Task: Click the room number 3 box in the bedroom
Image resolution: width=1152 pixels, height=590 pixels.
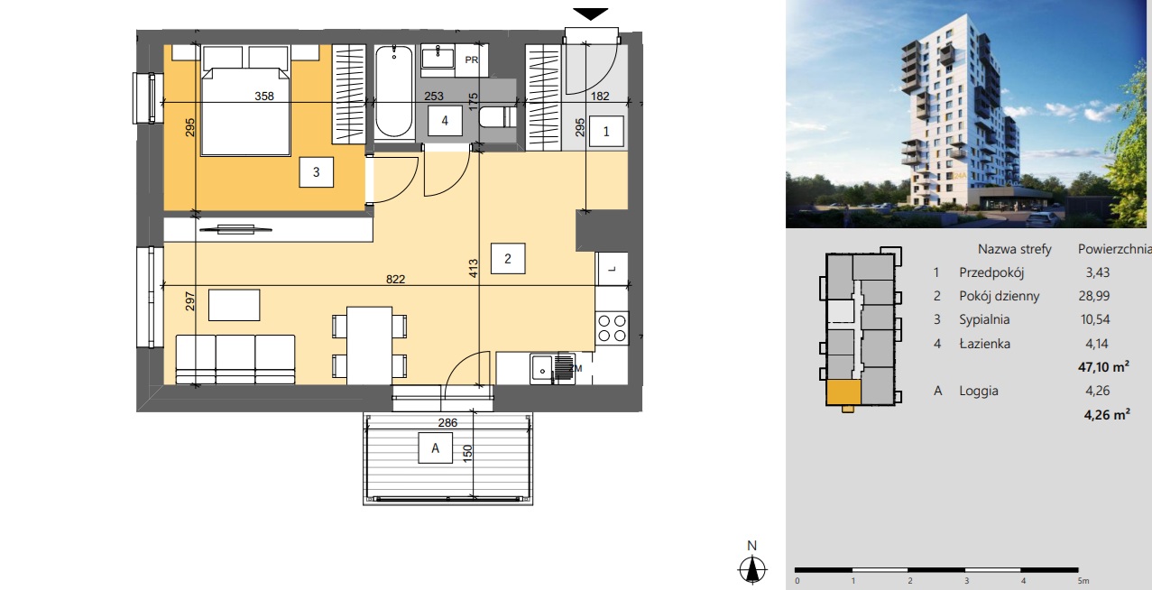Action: (x=317, y=172)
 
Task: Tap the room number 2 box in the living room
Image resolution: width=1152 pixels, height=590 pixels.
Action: (x=508, y=258)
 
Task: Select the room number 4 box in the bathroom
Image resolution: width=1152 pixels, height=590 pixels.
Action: (x=445, y=120)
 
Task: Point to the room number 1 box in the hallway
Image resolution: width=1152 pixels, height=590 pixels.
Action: (x=606, y=132)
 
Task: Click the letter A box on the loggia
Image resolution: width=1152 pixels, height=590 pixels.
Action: (x=435, y=448)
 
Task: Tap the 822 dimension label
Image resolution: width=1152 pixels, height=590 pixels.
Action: (x=395, y=279)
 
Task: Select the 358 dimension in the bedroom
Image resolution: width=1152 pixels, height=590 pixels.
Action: (x=264, y=96)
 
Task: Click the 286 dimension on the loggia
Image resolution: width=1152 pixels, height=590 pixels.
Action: (x=447, y=422)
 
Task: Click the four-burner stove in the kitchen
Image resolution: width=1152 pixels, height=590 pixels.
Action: (x=612, y=328)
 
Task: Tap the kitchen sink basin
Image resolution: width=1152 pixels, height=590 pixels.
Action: (x=541, y=368)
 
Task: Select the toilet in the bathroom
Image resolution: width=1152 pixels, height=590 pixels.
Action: (x=497, y=117)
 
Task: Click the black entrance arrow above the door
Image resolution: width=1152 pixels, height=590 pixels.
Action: (x=590, y=14)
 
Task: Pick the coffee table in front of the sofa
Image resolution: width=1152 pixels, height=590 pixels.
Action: (x=234, y=305)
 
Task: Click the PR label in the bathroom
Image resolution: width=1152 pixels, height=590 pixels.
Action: (x=472, y=60)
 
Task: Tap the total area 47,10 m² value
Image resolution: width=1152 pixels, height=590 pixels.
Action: (x=1103, y=367)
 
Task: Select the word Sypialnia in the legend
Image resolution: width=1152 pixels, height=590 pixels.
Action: (x=984, y=319)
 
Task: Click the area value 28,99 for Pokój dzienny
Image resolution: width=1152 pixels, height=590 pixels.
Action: (x=1094, y=296)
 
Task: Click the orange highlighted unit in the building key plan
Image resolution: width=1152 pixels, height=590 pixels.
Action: (x=843, y=393)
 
